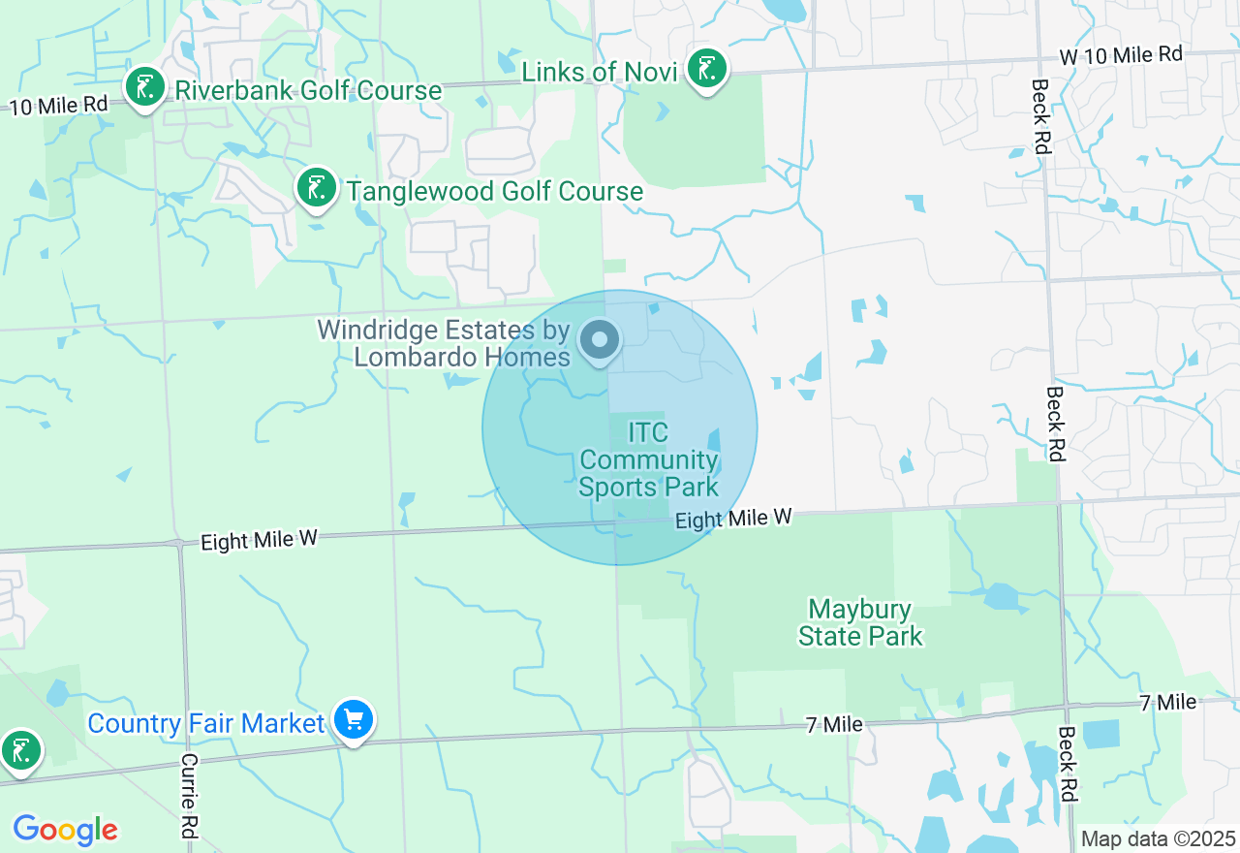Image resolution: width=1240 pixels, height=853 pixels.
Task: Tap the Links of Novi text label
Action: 599,72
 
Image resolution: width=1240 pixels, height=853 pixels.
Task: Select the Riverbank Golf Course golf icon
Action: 145,88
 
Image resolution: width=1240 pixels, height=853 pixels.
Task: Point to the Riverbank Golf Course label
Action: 308,91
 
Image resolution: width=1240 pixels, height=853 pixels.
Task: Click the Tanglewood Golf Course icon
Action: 316,188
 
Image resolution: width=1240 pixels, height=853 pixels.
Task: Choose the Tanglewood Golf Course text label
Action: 494,191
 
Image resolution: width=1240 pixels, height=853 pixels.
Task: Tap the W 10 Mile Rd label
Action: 1121,55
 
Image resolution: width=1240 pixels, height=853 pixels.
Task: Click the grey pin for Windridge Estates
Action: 600,340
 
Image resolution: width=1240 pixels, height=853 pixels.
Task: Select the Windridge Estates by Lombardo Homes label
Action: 444,343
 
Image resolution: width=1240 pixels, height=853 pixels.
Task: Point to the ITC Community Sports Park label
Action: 648,459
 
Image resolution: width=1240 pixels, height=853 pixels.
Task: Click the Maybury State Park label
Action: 860,622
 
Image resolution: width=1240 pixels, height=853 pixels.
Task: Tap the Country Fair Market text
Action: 206,723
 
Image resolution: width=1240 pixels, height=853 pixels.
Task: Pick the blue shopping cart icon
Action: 354,720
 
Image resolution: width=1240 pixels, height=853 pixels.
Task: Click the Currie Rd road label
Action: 189,795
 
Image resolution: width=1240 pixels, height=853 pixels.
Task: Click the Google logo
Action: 65,830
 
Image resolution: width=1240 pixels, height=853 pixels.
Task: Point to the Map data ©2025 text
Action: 1158,838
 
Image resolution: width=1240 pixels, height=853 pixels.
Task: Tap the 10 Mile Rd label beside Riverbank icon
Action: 58,103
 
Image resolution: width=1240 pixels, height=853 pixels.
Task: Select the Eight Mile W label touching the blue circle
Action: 733,520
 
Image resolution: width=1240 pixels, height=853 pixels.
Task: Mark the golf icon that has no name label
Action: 19,750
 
